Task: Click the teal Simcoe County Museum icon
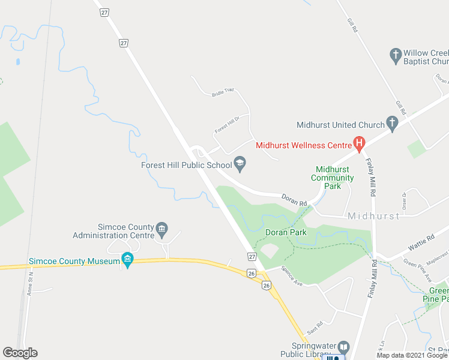click(x=127, y=259)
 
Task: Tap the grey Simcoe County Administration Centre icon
click(x=161, y=228)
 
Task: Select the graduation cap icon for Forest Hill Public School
click(x=240, y=161)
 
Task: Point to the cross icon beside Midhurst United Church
click(x=392, y=124)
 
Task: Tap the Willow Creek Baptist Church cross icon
click(x=395, y=56)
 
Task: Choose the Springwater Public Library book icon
click(x=343, y=347)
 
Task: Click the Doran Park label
click(x=286, y=232)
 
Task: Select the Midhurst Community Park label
click(x=333, y=178)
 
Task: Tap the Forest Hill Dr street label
click(x=227, y=124)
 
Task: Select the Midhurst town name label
click(x=373, y=216)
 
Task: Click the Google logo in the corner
click(x=20, y=353)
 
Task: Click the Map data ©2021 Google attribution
click(x=412, y=355)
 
